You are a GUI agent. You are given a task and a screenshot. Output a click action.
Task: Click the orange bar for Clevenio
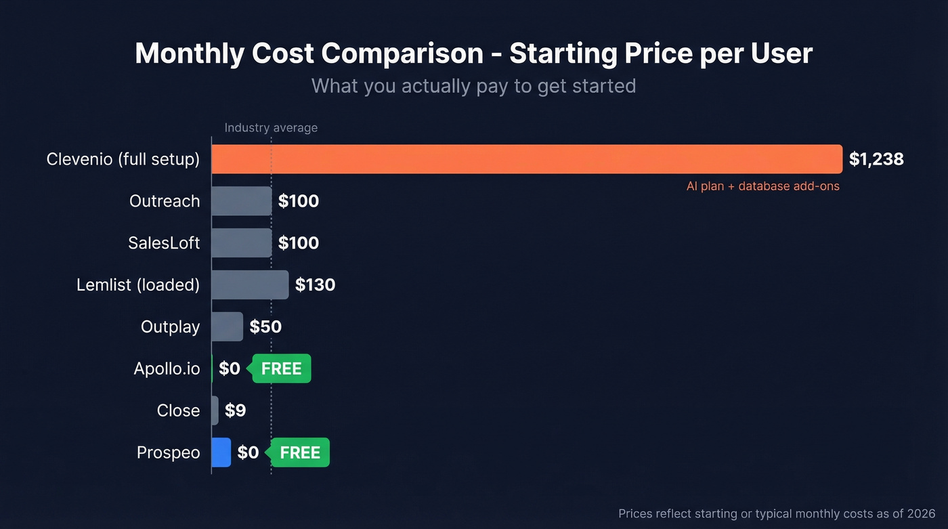coord(527,159)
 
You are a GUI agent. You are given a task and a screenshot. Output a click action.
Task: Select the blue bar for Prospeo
coord(221,452)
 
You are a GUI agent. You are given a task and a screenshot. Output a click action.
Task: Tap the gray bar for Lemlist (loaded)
coord(250,284)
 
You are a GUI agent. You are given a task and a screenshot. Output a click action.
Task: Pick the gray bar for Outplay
coord(227,326)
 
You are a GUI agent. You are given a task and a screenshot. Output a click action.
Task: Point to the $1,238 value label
coord(876,159)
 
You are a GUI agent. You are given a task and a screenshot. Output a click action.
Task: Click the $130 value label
coord(315,284)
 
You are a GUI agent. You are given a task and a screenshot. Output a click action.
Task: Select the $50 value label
coord(265,326)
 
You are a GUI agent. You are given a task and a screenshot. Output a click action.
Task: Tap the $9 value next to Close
coord(235,410)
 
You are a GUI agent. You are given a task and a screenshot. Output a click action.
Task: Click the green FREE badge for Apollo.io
coord(282,368)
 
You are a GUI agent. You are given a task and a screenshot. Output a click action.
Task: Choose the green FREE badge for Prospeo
coord(300,452)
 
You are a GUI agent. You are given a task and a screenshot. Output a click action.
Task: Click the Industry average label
coord(271,127)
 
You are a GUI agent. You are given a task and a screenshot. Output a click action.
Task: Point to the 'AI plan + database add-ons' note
coord(762,186)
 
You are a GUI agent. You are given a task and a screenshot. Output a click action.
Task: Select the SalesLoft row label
coord(164,242)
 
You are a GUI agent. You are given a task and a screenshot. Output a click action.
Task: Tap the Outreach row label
coord(165,201)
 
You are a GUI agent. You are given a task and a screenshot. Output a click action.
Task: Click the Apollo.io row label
coord(167,368)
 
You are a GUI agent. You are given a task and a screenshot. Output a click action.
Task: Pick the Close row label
coord(178,410)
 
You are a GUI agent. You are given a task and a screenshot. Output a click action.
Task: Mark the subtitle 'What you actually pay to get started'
coord(473,86)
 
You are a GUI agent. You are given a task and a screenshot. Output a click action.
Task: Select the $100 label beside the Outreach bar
coord(299,201)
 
